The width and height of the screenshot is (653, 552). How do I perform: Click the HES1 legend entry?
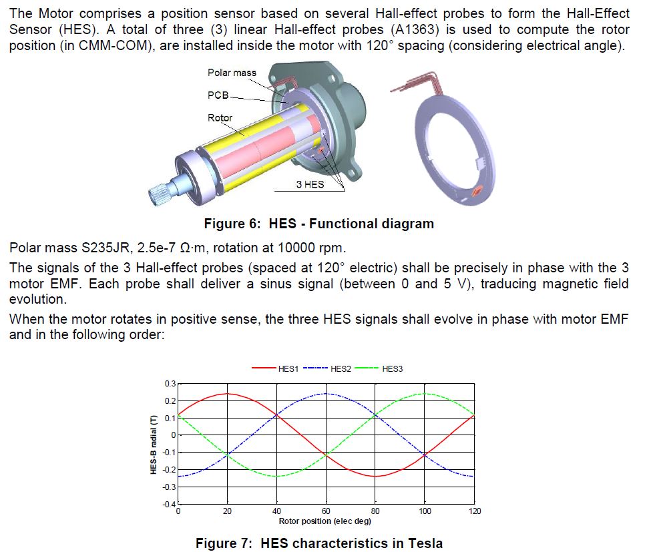pyautogui.click(x=275, y=369)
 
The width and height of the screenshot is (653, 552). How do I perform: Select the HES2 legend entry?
pyautogui.click(x=327, y=369)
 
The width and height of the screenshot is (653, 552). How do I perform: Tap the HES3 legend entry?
pyautogui.click(x=379, y=369)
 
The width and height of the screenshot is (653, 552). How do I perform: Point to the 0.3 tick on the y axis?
pyautogui.click(x=170, y=383)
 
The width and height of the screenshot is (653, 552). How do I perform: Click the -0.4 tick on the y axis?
pyautogui.click(x=169, y=504)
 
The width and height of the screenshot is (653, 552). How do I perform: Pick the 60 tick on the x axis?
pyautogui.click(x=326, y=511)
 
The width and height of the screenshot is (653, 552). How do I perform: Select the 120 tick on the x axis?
pyautogui.click(x=474, y=511)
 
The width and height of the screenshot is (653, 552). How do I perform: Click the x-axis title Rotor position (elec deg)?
pyautogui.click(x=325, y=521)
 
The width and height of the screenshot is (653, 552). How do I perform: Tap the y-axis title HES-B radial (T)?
pyautogui.click(x=154, y=444)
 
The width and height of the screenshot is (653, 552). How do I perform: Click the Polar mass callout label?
pyautogui.click(x=232, y=73)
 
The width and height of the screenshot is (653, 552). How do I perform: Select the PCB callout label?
pyautogui.click(x=218, y=95)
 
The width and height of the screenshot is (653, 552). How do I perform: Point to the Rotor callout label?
pyautogui.click(x=220, y=118)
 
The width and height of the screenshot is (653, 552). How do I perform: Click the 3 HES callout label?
pyautogui.click(x=310, y=184)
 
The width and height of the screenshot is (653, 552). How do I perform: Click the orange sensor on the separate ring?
pyautogui.click(x=475, y=191)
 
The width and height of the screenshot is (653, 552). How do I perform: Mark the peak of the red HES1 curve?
pyautogui.click(x=227, y=393)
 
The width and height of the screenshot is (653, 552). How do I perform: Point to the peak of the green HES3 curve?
pyautogui.click(x=425, y=393)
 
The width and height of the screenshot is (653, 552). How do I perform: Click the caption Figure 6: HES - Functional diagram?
pyautogui.click(x=319, y=224)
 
